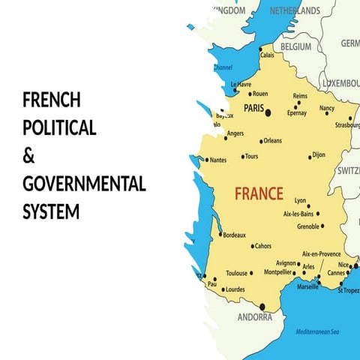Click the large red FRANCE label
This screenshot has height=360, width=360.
click(x=259, y=193)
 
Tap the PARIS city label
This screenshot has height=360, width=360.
click(x=253, y=109)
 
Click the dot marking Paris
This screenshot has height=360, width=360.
click(x=268, y=113)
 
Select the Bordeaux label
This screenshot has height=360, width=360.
click(x=234, y=235)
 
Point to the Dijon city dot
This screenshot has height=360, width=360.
click(x=310, y=157)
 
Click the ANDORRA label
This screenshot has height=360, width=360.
click(x=255, y=317)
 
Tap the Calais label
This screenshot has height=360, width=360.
click(x=267, y=55)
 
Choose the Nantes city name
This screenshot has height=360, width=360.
click(x=218, y=160)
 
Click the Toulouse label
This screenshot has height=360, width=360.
click(x=236, y=273)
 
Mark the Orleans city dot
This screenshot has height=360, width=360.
click(x=261, y=141)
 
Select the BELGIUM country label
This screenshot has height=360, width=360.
click(x=295, y=46)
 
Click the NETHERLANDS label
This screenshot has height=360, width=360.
click(x=295, y=10)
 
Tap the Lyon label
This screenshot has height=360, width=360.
click(x=301, y=200)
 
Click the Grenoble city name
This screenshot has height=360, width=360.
click(x=308, y=226)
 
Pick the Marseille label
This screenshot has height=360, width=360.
click(x=307, y=286)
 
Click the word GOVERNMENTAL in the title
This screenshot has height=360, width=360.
click(x=84, y=184)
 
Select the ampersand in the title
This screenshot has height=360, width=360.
click(x=29, y=157)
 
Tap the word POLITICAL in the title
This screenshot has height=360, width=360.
click(x=59, y=128)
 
